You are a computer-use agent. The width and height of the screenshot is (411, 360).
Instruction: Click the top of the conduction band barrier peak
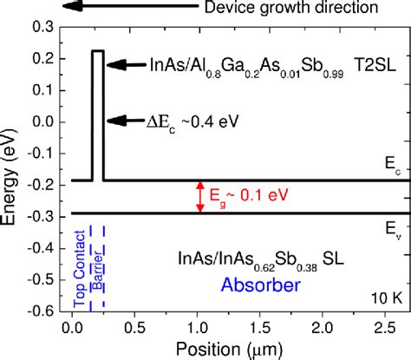(98, 52)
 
